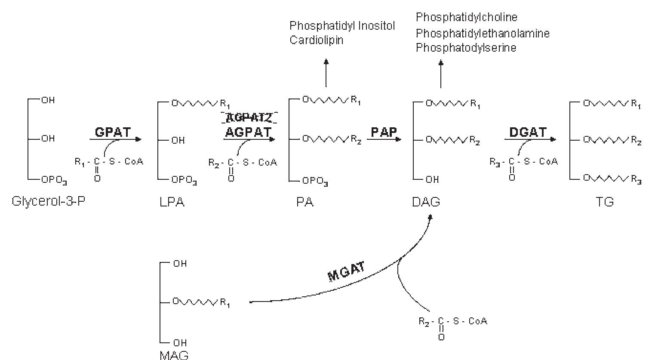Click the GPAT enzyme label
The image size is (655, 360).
coord(112,132)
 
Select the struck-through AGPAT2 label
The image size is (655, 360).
coord(249,117)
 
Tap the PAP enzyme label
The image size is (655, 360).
coord(384,132)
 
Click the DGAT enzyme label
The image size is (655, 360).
coord(528,132)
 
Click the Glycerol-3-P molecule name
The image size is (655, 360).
coord(48,201)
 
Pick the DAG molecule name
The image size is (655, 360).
coord(426,202)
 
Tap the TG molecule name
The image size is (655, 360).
coord(604,202)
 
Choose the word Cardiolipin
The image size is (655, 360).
coord(317,40)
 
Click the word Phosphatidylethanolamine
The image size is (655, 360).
coord(483,33)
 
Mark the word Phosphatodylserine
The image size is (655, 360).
coord(466,48)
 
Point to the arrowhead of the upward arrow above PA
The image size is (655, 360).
coord(326,62)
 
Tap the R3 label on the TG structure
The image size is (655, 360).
coord(637,180)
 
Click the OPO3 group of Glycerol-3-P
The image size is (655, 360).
coord(54,181)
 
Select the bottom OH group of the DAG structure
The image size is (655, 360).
coord(432,180)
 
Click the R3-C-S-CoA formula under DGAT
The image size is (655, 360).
coord(523,162)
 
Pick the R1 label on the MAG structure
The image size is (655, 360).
coord(225,303)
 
